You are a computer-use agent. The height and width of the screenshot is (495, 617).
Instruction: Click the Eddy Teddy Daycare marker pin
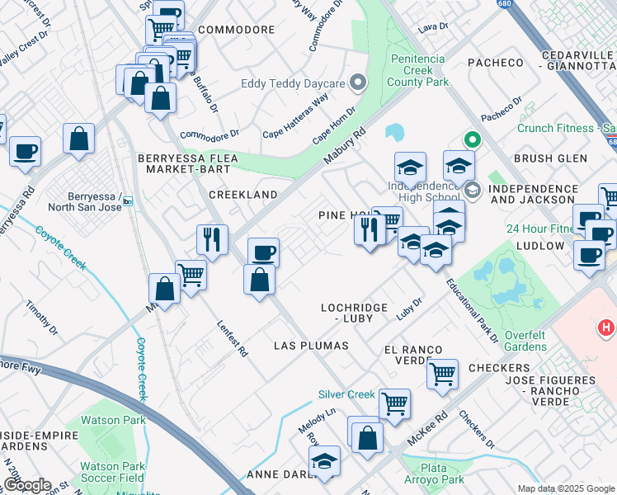357,82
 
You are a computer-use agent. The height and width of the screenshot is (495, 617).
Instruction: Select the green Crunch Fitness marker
472,140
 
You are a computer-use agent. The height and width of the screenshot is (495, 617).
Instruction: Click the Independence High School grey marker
472,191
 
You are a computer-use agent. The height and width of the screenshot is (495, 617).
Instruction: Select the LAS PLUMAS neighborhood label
311,345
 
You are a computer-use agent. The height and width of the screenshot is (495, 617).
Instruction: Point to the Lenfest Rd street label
232,338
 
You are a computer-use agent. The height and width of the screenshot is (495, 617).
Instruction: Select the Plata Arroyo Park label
435,474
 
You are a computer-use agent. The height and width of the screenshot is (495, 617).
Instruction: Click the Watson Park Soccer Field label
112,471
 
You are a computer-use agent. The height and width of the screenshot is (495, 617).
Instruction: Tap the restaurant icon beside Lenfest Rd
212,239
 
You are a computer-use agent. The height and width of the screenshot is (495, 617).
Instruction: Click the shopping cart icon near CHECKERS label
442,374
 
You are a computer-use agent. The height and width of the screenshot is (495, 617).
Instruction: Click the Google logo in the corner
26,485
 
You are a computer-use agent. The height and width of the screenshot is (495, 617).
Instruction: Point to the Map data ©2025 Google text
565,488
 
